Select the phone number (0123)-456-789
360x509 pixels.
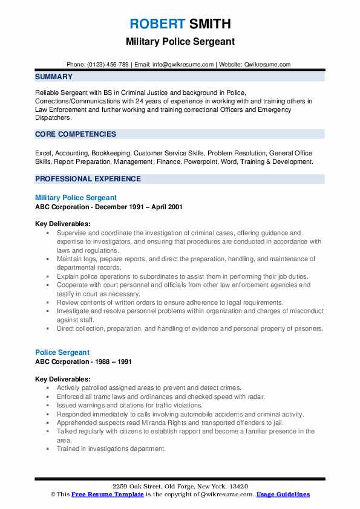106,64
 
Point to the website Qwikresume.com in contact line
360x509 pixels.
268,64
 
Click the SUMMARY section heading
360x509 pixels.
54,77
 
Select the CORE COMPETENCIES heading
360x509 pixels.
75,134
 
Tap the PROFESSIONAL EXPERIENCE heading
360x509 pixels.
88,179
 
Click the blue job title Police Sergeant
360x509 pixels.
62,352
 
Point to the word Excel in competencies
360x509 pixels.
44,154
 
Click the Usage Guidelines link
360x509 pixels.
283,494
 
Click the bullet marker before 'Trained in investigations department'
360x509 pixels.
48,449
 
